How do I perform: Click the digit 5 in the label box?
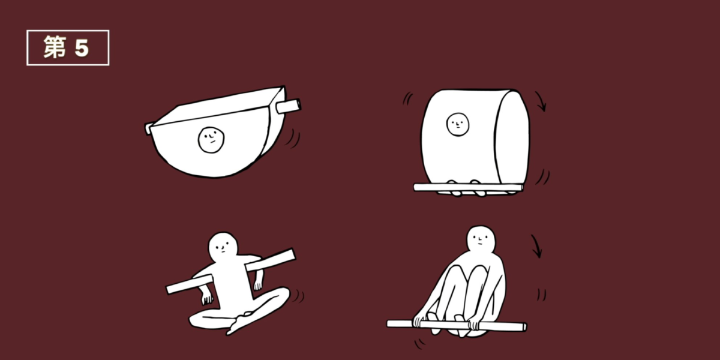[x=82, y=49]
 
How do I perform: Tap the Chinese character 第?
[x=55, y=47]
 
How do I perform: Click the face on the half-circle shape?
[x=211, y=139]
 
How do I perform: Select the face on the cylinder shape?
[x=458, y=124]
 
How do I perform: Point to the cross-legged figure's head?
[x=223, y=246]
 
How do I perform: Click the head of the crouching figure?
[x=481, y=240]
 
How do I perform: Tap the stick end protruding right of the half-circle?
[x=288, y=106]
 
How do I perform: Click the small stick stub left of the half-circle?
[x=149, y=128]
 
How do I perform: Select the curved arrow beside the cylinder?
[x=541, y=100]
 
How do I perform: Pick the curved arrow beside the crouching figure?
[x=538, y=246]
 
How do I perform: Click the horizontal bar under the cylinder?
[x=468, y=188]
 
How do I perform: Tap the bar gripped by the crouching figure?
[x=457, y=325]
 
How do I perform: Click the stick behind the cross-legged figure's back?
[x=230, y=272]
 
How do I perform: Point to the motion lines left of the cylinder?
[x=407, y=98]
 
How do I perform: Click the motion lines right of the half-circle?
[x=293, y=138]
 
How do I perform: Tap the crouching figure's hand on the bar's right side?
[x=474, y=323]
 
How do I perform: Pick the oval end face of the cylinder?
[x=512, y=138]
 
